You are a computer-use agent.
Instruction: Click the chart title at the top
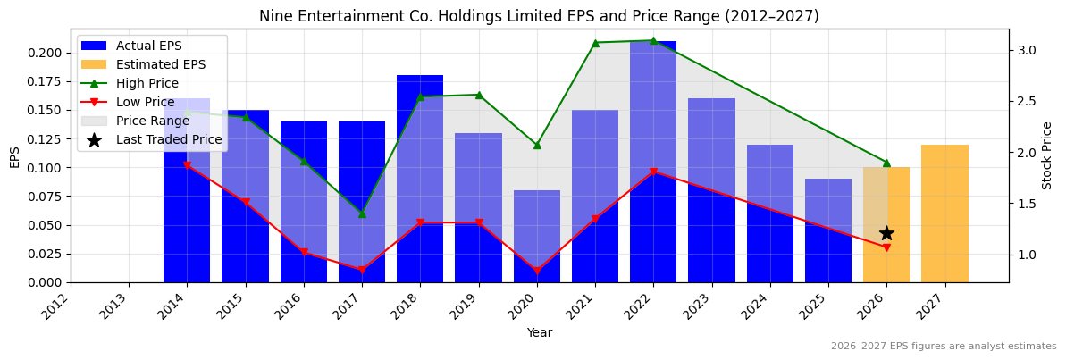pyautogui.click(x=539, y=16)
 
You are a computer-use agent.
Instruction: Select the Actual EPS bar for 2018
pyautogui.click(x=420, y=179)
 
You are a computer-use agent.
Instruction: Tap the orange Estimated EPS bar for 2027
pyautogui.click(x=944, y=213)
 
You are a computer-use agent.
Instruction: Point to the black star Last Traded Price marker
pyautogui.click(x=886, y=233)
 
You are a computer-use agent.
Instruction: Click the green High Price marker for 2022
pyautogui.click(x=653, y=40)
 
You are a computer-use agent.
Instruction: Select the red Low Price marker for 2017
pyautogui.click(x=362, y=270)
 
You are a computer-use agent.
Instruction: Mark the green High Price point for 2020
pyautogui.click(x=537, y=145)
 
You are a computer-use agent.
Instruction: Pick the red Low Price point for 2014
pyautogui.click(x=187, y=166)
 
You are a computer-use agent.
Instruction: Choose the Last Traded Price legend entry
pyautogui.click(x=169, y=139)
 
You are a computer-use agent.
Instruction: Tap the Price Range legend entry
pyautogui.click(x=156, y=121)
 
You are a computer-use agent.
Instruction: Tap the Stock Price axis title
pyautogui.click(x=1047, y=155)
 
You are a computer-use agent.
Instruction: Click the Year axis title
pyautogui.click(x=539, y=332)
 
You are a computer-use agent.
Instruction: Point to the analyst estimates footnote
pyautogui.click(x=943, y=347)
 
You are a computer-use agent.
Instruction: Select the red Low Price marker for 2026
pyautogui.click(x=886, y=247)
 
